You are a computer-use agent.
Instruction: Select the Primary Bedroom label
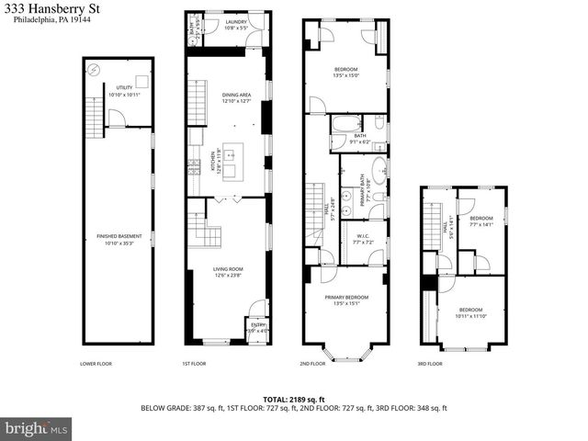(x=346, y=300)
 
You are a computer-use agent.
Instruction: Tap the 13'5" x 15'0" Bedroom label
(x=345, y=72)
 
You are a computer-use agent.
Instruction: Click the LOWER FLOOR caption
(x=96, y=364)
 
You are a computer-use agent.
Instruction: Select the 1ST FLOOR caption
(x=193, y=364)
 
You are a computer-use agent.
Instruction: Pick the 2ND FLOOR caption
(x=312, y=364)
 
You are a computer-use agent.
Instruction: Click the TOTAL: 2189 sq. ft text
(x=293, y=399)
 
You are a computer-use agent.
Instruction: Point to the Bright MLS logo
(x=37, y=428)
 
